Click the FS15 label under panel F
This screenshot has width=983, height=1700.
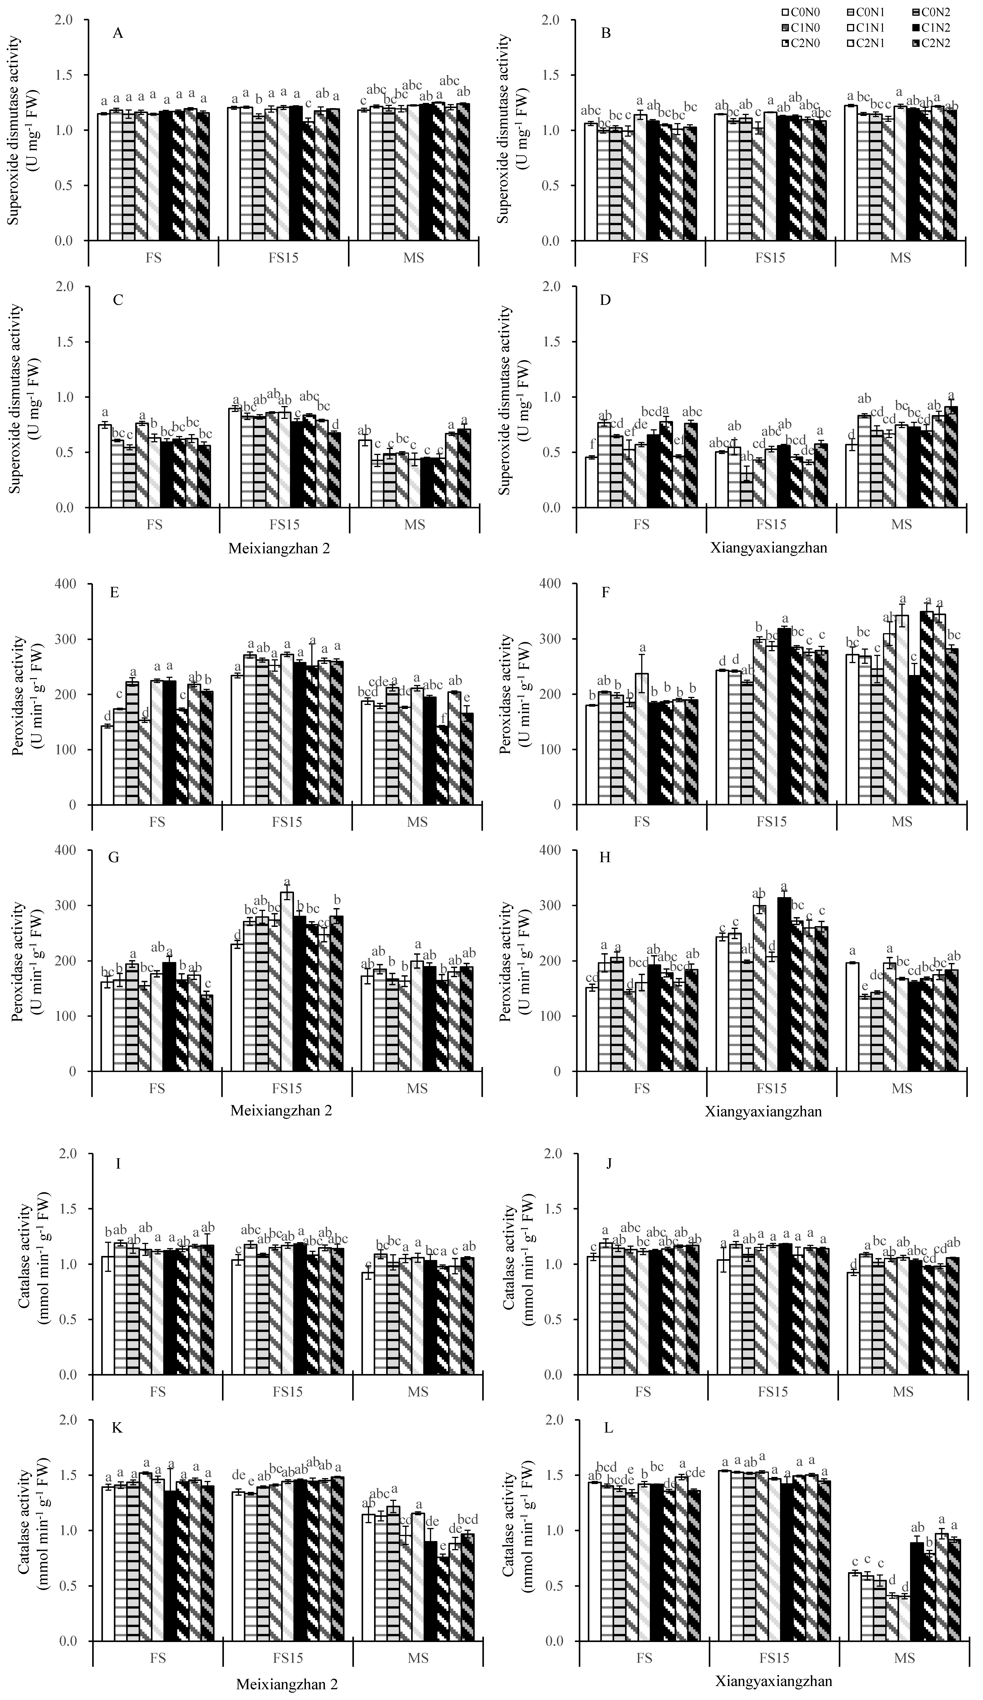tap(771, 822)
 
